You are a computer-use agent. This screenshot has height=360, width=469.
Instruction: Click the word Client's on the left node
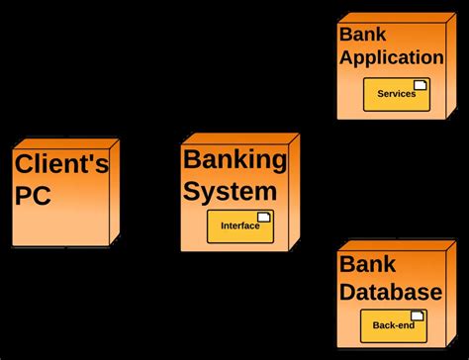[x=61, y=163]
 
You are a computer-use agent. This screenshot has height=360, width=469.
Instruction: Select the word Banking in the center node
[x=234, y=160]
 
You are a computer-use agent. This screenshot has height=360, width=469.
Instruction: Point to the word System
[x=230, y=190]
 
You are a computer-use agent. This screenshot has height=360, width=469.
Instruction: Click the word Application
[x=391, y=57]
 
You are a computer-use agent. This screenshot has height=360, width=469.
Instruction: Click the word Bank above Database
[x=363, y=264]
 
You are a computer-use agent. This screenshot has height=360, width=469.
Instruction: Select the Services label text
[x=396, y=94]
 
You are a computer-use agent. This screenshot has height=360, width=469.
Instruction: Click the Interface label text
[x=239, y=225]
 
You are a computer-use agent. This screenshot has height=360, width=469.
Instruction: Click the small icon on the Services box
[x=420, y=85]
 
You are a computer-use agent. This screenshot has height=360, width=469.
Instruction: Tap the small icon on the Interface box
[x=263, y=217]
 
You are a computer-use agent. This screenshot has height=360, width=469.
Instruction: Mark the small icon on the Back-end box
[x=418, y=316]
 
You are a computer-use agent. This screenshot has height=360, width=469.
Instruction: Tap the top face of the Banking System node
[x=240, y=138]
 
